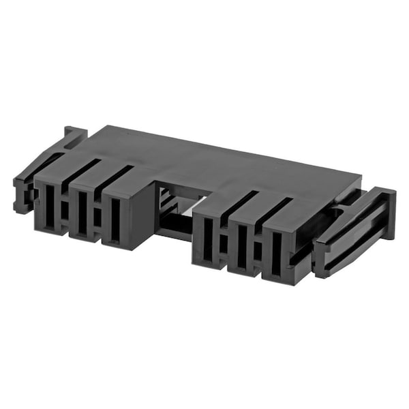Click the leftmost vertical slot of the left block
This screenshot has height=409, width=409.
coord(49,204)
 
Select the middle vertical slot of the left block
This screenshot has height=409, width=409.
coord(82,213)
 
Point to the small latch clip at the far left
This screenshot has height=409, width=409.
coord(22,194)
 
